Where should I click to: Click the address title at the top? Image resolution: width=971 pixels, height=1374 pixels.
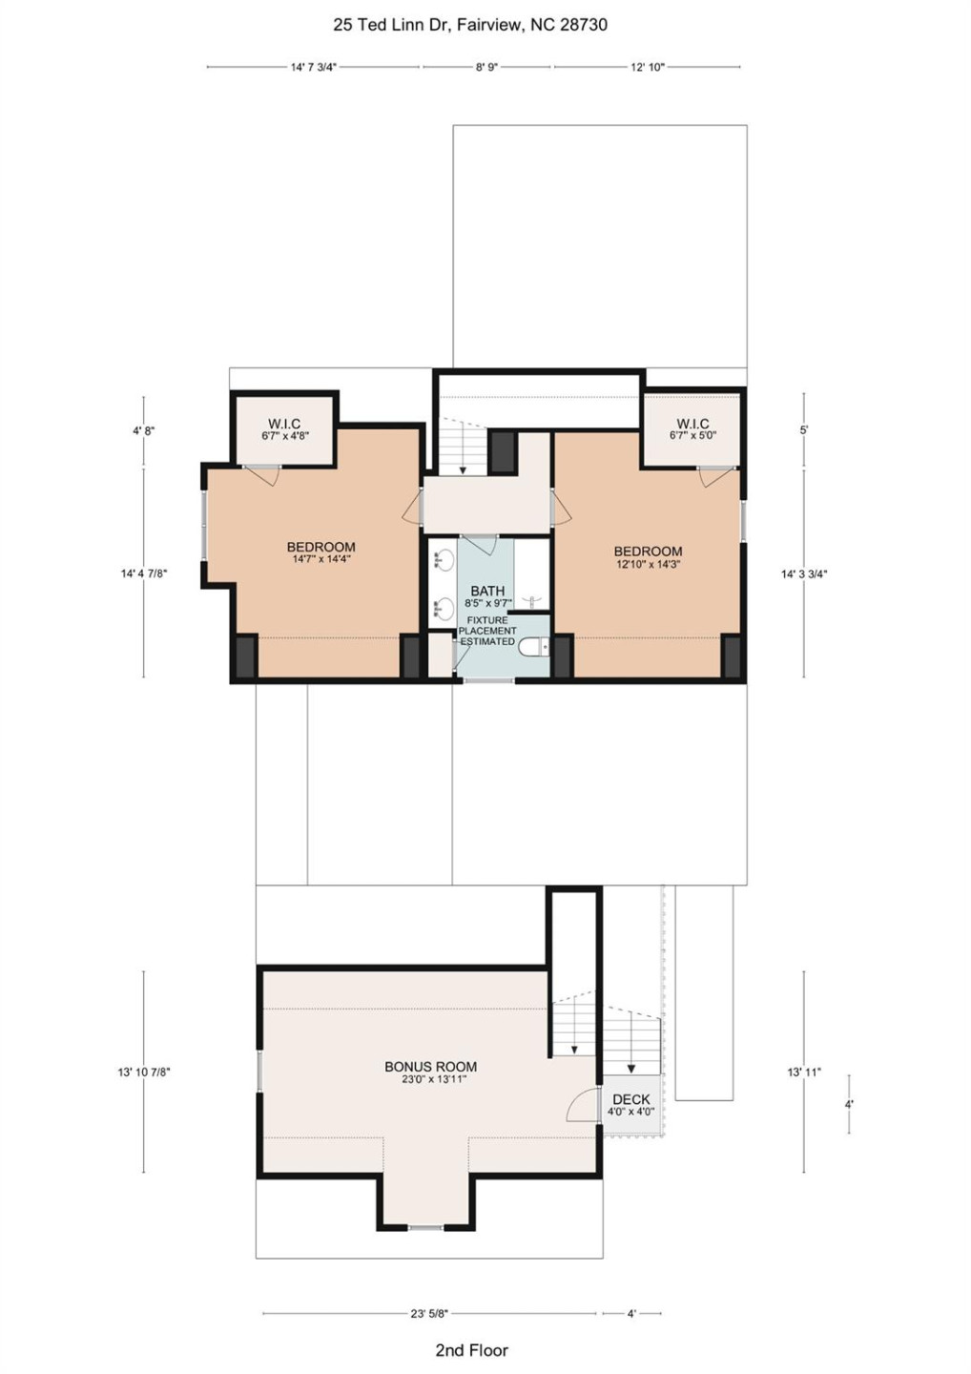[x=469, y=26]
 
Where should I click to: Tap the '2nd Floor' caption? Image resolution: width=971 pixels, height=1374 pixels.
[x=471, y=1349]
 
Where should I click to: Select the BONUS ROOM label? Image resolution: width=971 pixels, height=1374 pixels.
[x=430, y=1068]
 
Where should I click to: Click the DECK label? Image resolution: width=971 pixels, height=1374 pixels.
[x=630, y=1100]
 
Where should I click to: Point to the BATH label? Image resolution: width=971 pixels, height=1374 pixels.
[x=486, y=592]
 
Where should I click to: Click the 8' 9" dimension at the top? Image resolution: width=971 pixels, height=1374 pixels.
[x=486, y=68]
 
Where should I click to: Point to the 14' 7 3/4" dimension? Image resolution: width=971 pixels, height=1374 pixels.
[x=313, y=68]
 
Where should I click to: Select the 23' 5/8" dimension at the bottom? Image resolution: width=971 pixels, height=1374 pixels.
[x=429, y=1314]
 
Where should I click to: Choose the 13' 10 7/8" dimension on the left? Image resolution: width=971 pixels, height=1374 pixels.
[x=144, y=1072]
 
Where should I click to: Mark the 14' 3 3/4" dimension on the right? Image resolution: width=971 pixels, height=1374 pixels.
[x=804, y=574]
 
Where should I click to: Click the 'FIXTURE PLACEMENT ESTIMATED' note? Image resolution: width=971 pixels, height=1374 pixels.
[x=487, y=631]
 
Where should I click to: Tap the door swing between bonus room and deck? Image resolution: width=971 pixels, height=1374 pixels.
[x=580, y=1107]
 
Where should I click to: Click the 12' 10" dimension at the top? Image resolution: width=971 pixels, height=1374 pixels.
[x=647, y=68]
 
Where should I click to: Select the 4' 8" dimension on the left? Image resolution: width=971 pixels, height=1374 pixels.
[x=144, y=431]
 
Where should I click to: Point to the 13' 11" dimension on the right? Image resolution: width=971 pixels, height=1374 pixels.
[x=804, y=1072]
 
